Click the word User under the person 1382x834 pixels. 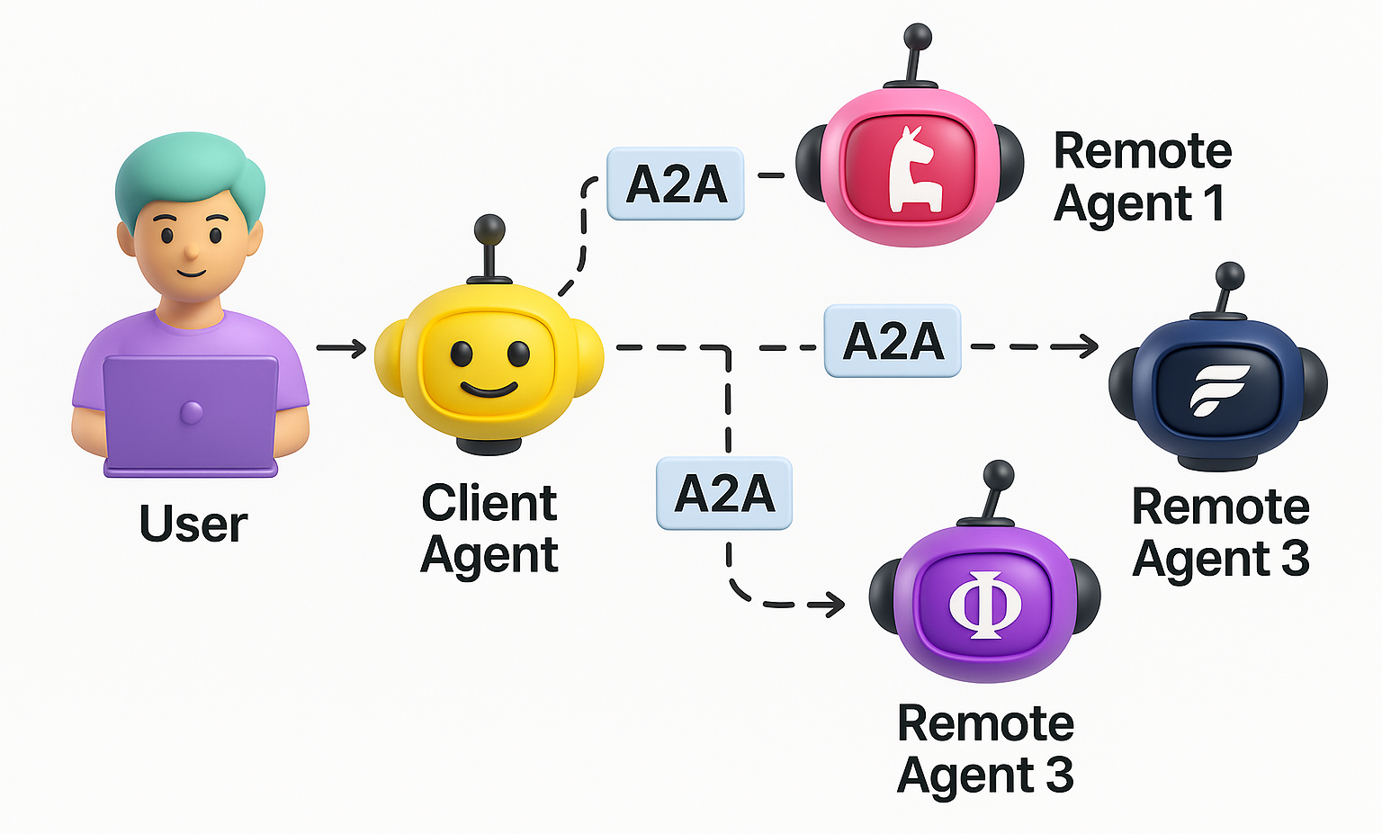(193, 524)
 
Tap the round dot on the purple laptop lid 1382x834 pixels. (191, 413)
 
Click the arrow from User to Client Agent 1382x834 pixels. (342, 348)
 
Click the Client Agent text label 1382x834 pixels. (489, 528)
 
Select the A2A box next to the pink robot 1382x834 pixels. (676, 184)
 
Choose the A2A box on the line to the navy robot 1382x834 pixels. (893, 341)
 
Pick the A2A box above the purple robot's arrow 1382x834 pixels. (724, 494)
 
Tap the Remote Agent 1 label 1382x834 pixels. (1141, 177)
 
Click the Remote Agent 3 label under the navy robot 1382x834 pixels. (1220, 533)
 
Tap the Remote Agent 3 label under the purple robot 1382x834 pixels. (985, 749)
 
